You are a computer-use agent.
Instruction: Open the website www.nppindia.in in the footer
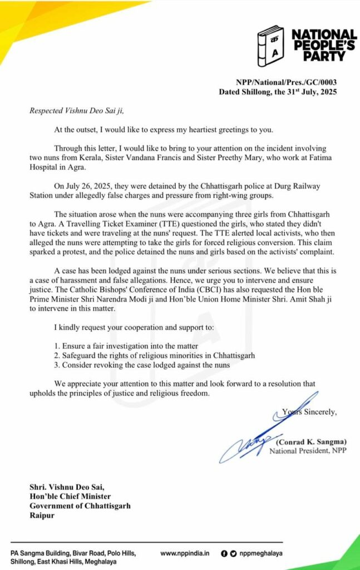[x=185, y=553]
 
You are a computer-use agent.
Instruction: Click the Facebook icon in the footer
[x=224, y=553]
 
